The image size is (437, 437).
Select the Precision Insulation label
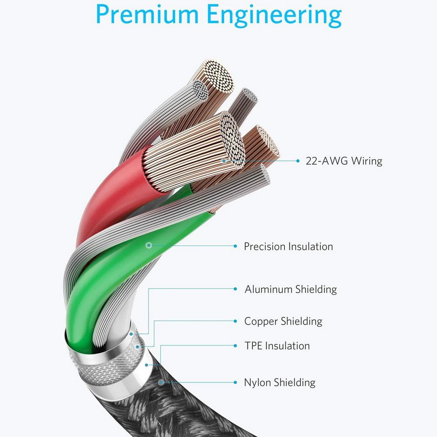point(288,246)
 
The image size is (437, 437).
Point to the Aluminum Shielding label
point(291,289)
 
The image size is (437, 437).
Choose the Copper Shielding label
point(283,322)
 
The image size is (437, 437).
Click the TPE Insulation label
point(277,346)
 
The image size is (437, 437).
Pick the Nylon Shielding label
point(280,383)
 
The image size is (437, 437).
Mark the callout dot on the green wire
point(149,246)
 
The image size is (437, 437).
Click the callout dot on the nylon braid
point(161,382)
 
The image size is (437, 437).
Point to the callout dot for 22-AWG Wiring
point(224,161)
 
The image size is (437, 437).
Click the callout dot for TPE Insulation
point(148,364)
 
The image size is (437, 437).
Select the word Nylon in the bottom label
point(257,383)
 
